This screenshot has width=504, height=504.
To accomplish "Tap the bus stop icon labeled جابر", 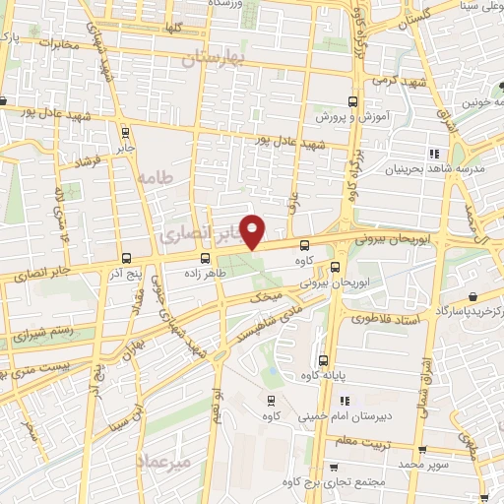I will (x=125, y=132).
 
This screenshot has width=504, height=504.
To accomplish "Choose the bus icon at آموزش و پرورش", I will (x=352, y=101).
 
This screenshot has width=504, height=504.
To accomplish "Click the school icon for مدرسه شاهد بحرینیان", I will (x=433, y=154).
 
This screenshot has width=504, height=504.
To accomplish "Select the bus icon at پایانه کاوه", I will (x=323, y=359).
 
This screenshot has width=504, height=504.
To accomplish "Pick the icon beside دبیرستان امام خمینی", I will (x=344, y=401).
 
